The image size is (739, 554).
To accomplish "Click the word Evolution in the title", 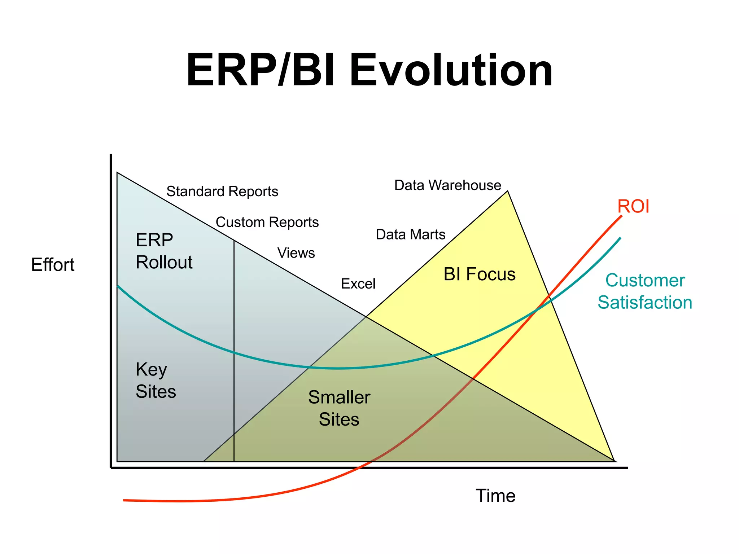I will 451,70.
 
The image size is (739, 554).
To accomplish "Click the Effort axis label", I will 53,265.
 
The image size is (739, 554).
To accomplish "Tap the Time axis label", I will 495,496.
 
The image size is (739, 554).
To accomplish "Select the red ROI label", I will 633,206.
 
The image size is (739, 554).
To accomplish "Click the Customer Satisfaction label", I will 645,291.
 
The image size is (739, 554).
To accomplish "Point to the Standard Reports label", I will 222,191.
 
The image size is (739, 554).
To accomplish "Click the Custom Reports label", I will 267,222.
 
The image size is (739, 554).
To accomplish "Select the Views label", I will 296,253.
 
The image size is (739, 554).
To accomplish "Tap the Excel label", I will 358,284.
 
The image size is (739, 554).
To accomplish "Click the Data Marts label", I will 410,234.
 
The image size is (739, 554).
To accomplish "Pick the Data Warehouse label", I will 447,185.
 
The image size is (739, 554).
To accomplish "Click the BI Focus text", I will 479,274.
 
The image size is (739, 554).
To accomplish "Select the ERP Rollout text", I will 164,251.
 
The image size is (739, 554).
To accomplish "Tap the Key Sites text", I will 156,380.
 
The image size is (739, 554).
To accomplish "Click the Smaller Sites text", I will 339,408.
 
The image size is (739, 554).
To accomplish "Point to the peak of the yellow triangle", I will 507,191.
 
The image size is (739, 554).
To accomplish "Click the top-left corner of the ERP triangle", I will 117,173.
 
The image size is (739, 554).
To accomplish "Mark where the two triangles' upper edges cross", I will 366,316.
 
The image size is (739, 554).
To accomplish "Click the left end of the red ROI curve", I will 124,500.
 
